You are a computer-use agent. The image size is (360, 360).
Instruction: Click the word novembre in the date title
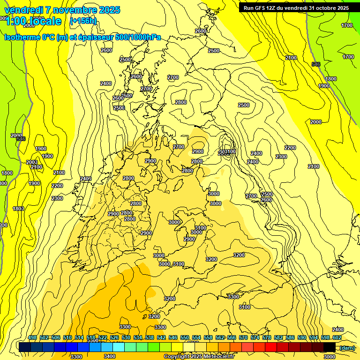(65, 10)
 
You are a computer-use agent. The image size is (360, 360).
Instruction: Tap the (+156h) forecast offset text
(83, 21)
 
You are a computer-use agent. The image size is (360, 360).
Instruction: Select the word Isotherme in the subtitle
(22, 37)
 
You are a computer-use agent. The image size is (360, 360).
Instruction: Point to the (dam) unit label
(347, 348)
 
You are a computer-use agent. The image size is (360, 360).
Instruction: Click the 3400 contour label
(110, 357)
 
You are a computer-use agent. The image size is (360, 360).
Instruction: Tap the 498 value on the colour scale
(32, 337)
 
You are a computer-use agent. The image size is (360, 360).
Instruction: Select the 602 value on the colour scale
(337, 337)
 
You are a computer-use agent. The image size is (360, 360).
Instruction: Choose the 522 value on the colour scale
(103, 337)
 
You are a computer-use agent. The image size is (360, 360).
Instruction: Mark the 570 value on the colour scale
(243, 337)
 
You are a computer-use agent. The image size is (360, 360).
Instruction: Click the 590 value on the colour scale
(302, 337)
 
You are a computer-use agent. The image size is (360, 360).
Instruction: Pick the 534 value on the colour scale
(138, 337)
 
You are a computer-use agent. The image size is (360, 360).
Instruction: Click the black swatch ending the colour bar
(330, 347)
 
